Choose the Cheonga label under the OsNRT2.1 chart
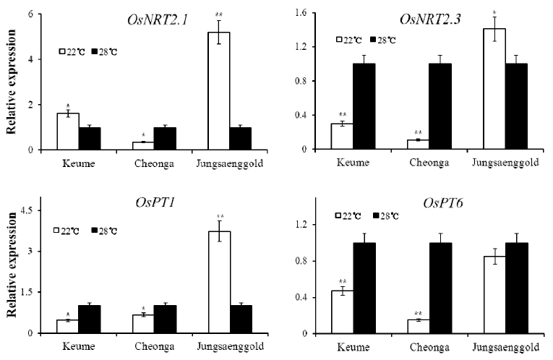(x=152, y=162)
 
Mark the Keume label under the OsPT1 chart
(x=80, y=346)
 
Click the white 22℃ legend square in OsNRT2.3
(x=339, y=39)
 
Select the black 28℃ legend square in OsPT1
(x=95, y=229)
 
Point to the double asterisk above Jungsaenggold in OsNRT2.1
(x=218, y=14)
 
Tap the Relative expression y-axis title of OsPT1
(x=11, y=275)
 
